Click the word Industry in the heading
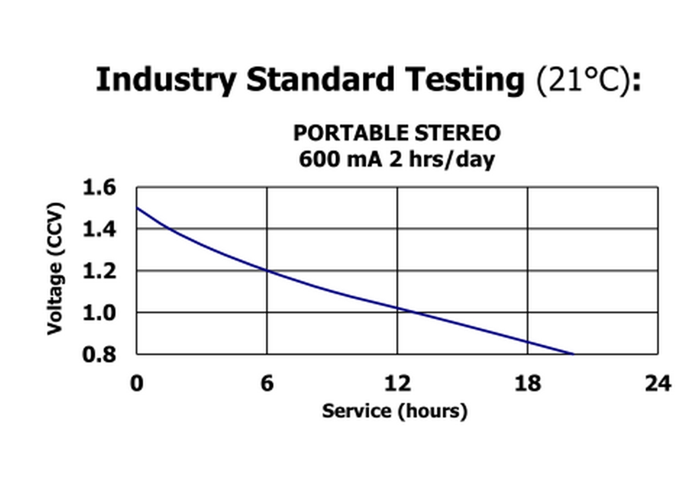(x=166, y=80)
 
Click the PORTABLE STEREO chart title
(x=397, y=133)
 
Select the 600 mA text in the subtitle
(x=341, y=160)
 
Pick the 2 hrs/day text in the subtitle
(x=442, y=160)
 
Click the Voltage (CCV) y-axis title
(x=55, y=268)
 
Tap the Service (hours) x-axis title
(x=395, y=411)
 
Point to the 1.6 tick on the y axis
(x=99, y=188)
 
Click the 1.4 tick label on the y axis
(x=99, y=230)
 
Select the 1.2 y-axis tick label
(x=99, y=271)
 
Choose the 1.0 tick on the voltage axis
(x=99, y=313)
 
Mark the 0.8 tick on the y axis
(x=99, y=355)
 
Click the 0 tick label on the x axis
(x=137, y=384)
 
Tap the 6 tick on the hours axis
(x=267, y=384)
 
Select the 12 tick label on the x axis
(x=397, y=384)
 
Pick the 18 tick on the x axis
(x=527, y=384)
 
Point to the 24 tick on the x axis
(x=658, y=384)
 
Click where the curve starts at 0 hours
(x=137, y=208)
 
